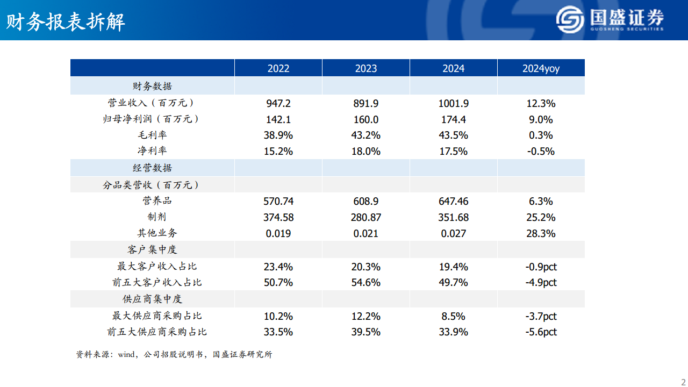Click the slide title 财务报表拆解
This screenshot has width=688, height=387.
66,22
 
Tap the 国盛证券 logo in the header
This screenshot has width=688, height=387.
610,20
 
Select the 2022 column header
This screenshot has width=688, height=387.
278,68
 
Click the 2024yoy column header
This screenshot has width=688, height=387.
541,68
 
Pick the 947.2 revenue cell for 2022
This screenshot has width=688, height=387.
278,103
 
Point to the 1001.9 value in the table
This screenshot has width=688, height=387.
454,103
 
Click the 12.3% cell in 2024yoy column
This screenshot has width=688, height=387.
541,103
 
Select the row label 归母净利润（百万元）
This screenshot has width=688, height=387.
152,119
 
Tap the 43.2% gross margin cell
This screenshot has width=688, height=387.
366,135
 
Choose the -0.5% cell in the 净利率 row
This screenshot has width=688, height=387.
541,152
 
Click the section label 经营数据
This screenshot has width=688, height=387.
152,168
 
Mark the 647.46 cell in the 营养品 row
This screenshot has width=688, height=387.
454,202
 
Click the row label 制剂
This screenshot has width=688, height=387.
157,217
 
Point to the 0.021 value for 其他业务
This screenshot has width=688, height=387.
366,234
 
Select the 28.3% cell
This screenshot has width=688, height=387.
541,234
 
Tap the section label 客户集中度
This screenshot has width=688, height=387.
152,250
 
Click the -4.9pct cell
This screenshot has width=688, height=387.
541,283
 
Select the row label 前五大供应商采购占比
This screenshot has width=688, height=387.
157,332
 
